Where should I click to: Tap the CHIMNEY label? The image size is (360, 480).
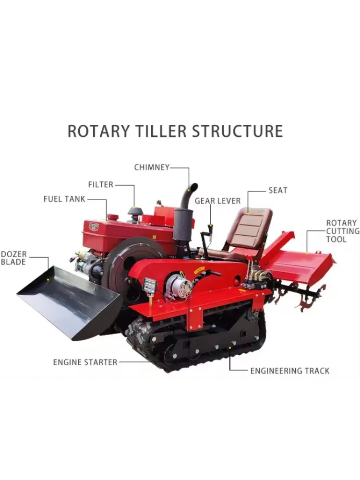pyautogui.click(x=152, y=168)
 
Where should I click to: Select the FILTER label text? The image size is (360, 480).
pyautogui.click(x=100, y=184)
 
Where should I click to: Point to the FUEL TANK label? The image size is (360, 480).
pyautogui.click(x=64, y=199)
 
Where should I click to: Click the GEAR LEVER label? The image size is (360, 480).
pyautogui.click(x=217, y=201)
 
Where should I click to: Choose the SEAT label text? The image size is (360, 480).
pyautogui.click(x=277, y=190)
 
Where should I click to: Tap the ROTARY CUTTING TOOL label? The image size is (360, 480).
pyautogui.click(x=342, y=231)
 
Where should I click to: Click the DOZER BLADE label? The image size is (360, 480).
pyautogui.click(x=13, y=258)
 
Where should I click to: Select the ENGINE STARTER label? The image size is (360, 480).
pyautogui.click(x=85, y=362)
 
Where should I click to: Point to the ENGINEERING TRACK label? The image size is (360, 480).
pyautogui.click(x=289, y=371)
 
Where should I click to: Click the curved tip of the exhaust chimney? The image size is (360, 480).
pyautogui.click(x=192, y=186)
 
